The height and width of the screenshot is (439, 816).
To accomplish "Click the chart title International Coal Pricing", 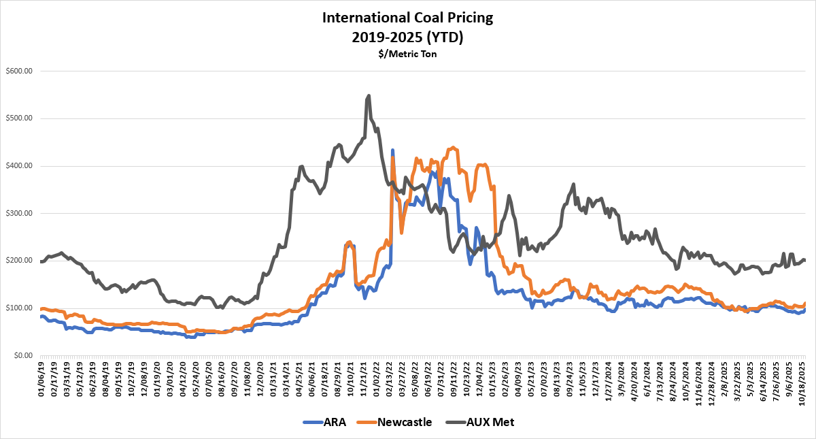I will (407, 18).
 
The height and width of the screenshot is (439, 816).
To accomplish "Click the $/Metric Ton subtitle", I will (407, 53).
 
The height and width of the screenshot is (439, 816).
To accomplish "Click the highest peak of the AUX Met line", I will (369, 96).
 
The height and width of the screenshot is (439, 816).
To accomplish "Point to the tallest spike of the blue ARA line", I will (392, 150).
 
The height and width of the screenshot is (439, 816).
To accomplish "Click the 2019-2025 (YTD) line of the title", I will (407, 37).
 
